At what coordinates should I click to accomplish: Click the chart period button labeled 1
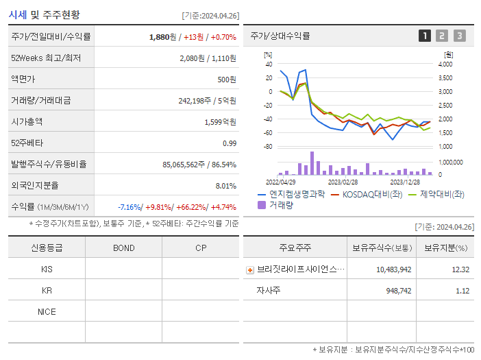pyautogui.click(x=425, y=36)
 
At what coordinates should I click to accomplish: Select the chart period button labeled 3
pyautogui.click(x=459, y=36)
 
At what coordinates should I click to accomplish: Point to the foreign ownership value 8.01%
pyautogui.click(x=225, y=185)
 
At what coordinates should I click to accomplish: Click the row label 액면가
pyautogui.click(x=22, y=79)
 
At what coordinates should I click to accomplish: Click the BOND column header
pyautogui.click(x=123, y=248)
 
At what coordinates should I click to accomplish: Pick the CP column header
pyautogui.click(x=200, y=248)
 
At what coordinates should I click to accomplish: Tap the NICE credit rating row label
pyautogui.click(x=47, y=311)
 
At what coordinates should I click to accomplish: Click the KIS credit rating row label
pyautogui.click(x=47, y=269)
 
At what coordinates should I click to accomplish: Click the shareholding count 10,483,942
pyautogui.click(x=393, y=269)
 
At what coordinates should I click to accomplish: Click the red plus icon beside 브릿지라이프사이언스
pyautogui.click(x=250, y=269)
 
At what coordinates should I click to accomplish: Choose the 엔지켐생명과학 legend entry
pyautogui.click(x=292, y=194)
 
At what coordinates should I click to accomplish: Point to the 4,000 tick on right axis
pyautogui.click(x=445, y=64)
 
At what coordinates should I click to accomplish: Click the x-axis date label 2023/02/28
pyautogui.click(x=343, y=182)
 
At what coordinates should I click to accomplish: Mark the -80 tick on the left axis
pyautogui.click(x=269, y=147)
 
